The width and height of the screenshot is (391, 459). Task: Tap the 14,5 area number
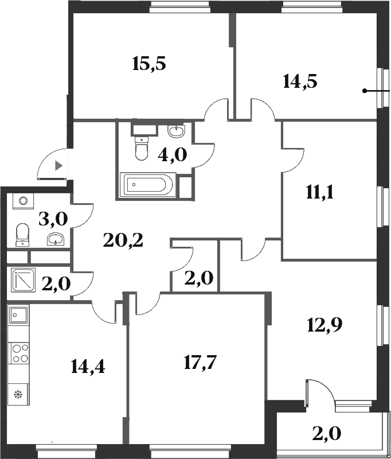point(300,81)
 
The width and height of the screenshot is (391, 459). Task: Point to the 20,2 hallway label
point(123,240)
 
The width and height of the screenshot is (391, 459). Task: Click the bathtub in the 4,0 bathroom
point(146,185)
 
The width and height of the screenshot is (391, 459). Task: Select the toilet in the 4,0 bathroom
point(140,149)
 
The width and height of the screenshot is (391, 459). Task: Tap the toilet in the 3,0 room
point(22,234)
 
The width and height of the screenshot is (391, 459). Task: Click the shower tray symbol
point(22,280)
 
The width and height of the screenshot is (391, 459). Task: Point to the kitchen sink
point(19,314)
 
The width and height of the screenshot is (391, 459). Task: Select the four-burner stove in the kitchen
point(19,352)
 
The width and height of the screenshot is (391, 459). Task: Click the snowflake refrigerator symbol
point(17,394)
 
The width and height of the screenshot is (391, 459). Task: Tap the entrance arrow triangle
point(58,166)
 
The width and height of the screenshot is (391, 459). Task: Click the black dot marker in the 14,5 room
point(364,91)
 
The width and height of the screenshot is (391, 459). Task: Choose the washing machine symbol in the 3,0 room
point(23,201)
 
